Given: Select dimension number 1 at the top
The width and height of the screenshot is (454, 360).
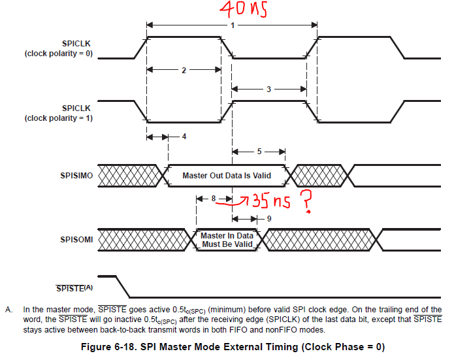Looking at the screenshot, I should (232, 25).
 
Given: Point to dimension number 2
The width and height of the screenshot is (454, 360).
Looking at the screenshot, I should (184, 69).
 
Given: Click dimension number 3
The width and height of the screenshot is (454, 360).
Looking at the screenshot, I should (268, 90).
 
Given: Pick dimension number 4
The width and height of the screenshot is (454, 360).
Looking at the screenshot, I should (184, 137).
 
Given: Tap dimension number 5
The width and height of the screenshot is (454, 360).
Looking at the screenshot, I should (259, 151).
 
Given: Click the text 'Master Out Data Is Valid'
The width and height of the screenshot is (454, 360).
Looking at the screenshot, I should (226, 175).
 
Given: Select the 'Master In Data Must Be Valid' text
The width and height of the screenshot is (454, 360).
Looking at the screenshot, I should (226, 240).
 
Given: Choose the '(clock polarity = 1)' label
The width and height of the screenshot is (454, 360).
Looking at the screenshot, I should (59, 118).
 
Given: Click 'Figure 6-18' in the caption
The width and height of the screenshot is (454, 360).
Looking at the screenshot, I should (110, 346).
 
